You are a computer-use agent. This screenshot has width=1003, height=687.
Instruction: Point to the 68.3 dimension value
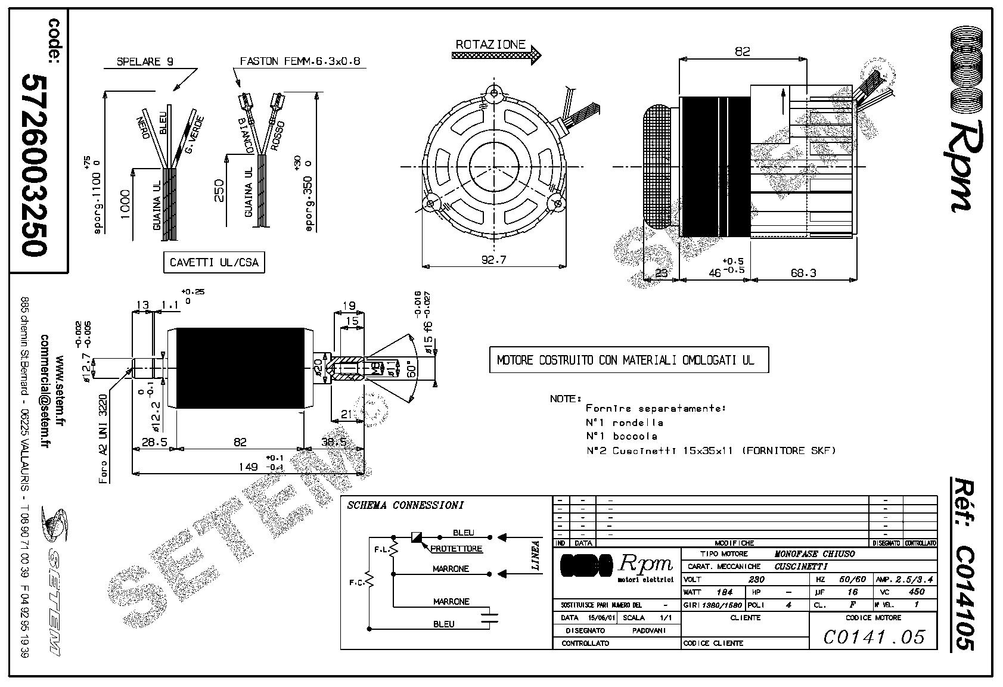(803, 272)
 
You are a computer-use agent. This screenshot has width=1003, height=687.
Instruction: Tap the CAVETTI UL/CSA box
(214, 262)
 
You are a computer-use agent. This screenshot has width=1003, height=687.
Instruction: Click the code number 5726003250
(33, 165)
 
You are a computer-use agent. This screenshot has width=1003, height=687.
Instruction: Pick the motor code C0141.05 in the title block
(874, 637)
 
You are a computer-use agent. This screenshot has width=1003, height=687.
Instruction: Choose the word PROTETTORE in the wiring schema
(456, 548)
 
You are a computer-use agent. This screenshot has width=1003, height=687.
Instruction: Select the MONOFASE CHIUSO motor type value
(814, 554)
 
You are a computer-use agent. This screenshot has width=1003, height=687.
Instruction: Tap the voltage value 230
(756, 579)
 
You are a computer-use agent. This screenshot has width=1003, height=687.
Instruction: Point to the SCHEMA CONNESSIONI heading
(405, 505)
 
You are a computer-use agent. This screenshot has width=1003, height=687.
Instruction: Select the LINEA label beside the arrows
(535, 555)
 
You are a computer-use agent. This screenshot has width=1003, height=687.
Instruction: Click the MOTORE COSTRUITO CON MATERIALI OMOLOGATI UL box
(629, 360)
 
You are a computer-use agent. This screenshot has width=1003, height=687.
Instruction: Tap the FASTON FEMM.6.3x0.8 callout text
(300, 61)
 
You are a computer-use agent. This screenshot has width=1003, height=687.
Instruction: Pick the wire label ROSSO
(278, 135)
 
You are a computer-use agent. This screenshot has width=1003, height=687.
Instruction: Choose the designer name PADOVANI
(648, 630)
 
